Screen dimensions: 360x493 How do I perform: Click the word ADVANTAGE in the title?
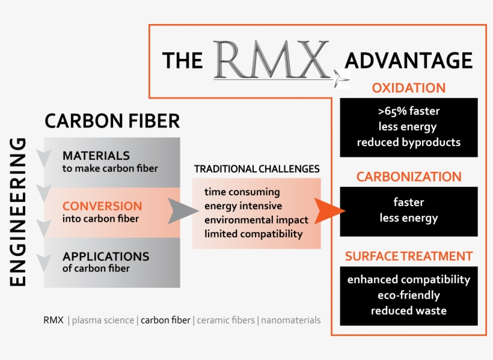click(408, 60)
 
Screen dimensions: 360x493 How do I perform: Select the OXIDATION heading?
click(408, 88)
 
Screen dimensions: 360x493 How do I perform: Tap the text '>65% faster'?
click(408, 112)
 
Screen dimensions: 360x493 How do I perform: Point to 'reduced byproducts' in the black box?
click(408, 142)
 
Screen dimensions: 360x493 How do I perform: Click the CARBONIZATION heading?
click(408, 177)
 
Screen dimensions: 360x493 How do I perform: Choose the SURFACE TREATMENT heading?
click(408, 257)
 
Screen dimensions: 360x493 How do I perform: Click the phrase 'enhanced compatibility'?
click(408, 279)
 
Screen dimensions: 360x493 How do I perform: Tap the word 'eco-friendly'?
click(408, 295)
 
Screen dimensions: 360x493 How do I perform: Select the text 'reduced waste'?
click(408, 311)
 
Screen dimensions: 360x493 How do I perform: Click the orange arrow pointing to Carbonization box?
click(332, 211)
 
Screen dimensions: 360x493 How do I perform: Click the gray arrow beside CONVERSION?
click(182, 210)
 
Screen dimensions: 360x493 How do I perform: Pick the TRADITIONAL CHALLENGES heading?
click(257, 169)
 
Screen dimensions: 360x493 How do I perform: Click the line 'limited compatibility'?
click(253, 234)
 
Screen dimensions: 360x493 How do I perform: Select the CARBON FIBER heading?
click(112, 121)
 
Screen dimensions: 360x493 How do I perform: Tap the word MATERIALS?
click(96, 156)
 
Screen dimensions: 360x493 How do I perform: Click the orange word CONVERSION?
click(102, 206)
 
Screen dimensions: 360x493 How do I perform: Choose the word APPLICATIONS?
click(106, 256)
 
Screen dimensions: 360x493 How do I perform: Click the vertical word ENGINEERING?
click(19, 212)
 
